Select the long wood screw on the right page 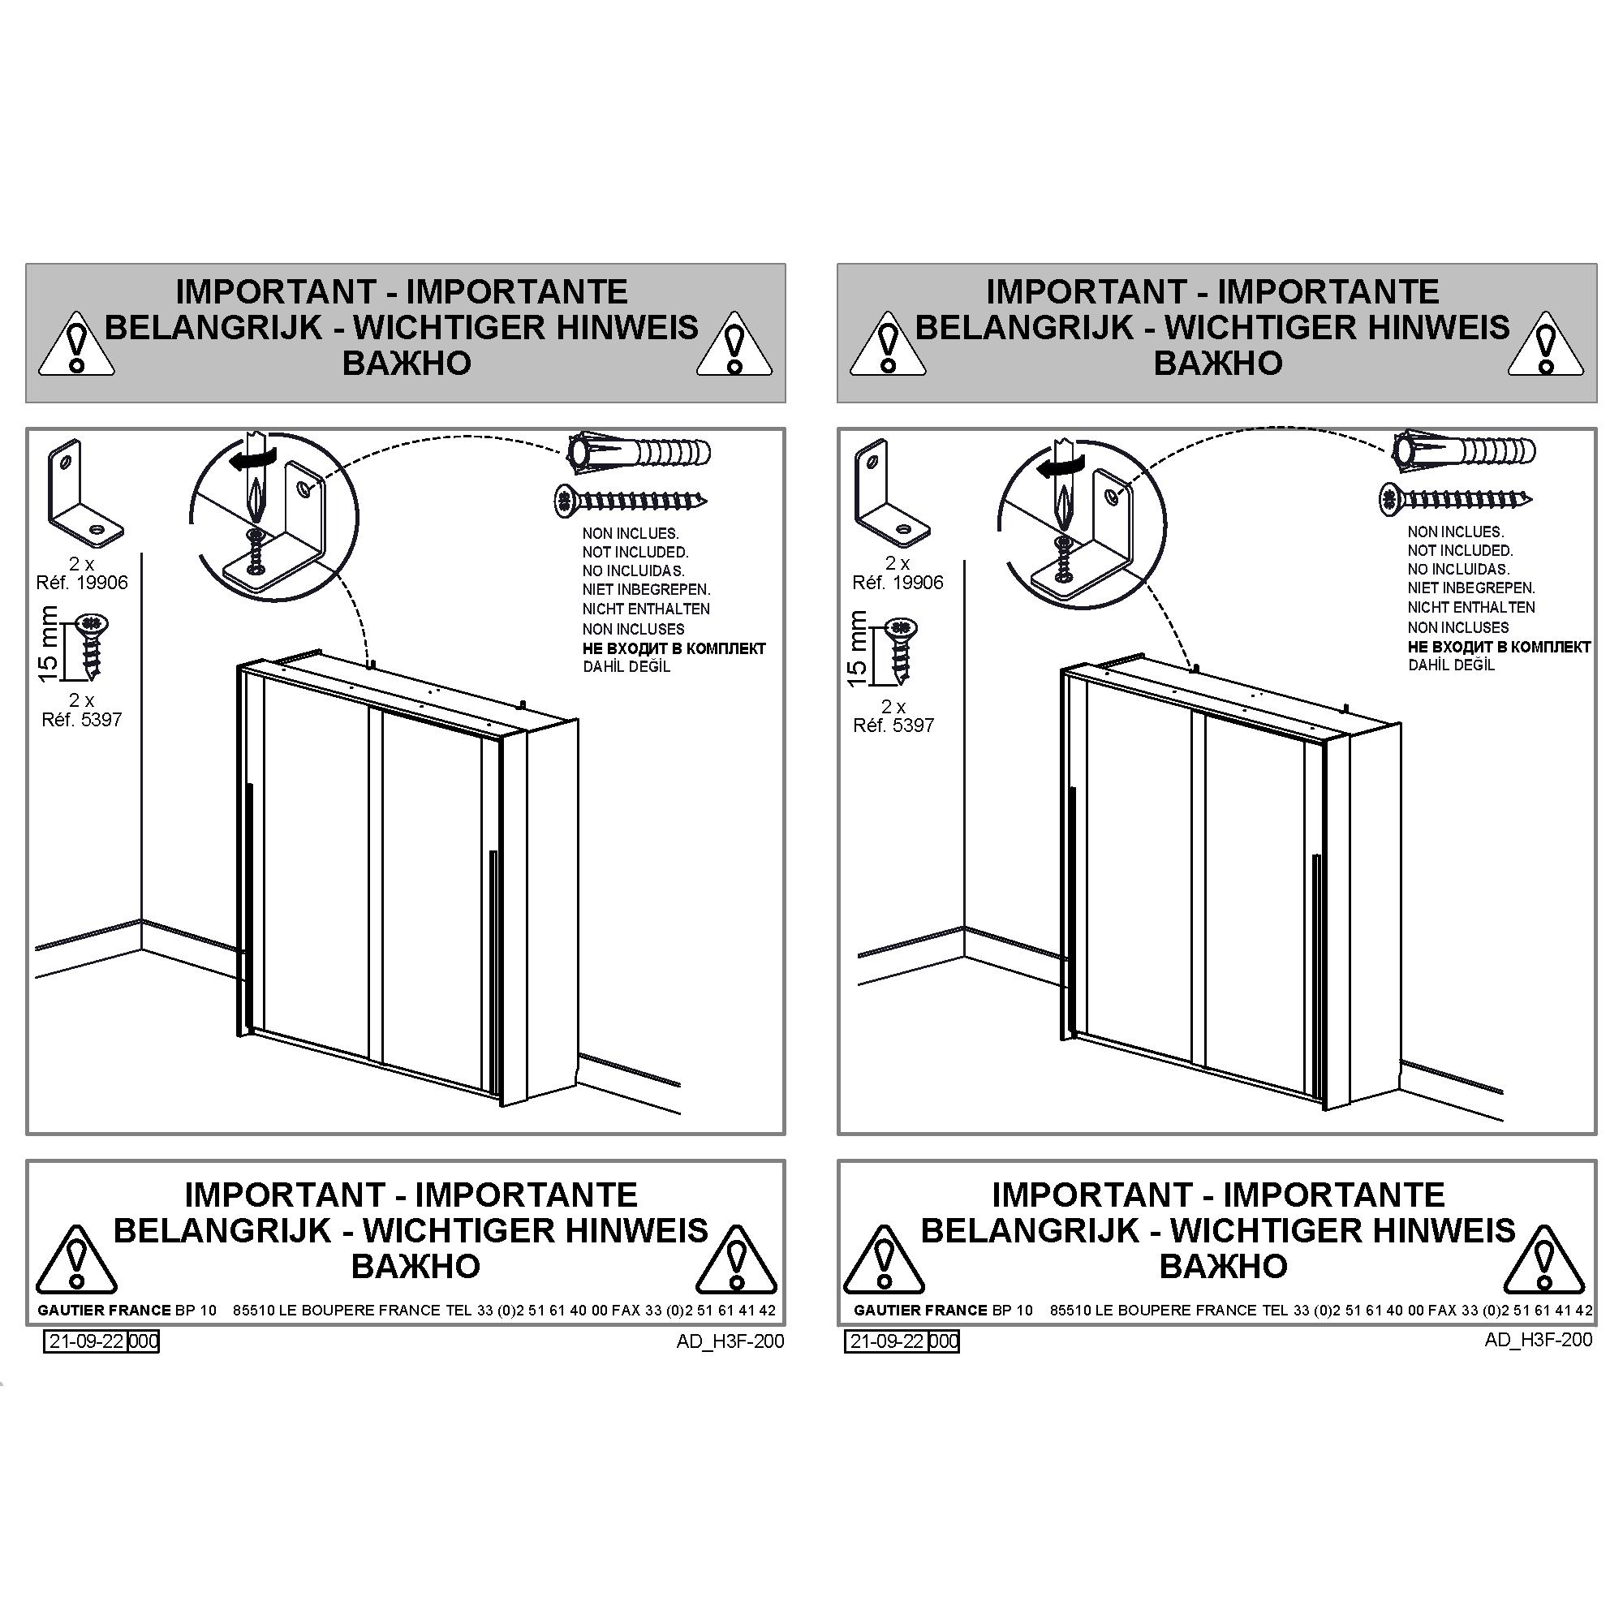pos(1456,500)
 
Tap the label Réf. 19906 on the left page pos(82,582)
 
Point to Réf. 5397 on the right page pos(893,725)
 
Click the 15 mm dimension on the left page pos(49,644)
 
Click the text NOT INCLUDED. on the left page pos(635,552)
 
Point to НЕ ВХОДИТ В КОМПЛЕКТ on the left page pos(674,648)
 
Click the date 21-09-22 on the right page pos(887,1341)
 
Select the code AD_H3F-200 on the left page pos(730,1341)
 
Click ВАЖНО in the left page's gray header pos(407,363)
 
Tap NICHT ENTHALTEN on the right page pos(1472,607)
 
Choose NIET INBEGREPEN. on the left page pos(647,590)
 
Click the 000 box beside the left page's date pos(144,1341)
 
